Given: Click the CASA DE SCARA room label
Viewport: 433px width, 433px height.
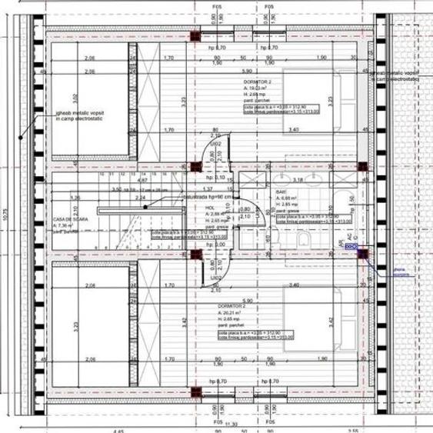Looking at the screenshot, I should point(65,218).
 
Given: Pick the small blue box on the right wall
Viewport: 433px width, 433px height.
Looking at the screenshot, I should point(351,247).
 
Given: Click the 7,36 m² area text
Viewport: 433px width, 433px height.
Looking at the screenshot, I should point(64,225).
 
